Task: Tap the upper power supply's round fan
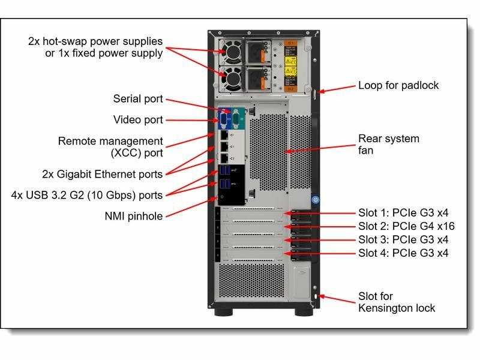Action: [x=231, y=53]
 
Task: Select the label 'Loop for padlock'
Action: [x=398, y=85]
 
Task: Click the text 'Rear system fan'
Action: [x=388, y=145]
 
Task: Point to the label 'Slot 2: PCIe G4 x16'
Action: [x=406, y=226]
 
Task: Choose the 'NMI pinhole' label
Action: [x=134, y=216]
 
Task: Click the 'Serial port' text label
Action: [x=138, y=99]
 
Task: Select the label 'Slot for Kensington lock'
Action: [x=397, y=302]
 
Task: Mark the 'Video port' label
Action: [x=138, y=120]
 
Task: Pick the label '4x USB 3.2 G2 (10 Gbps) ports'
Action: [x=87, y=195]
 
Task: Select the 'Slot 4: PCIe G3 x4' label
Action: [x=403, y=253]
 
